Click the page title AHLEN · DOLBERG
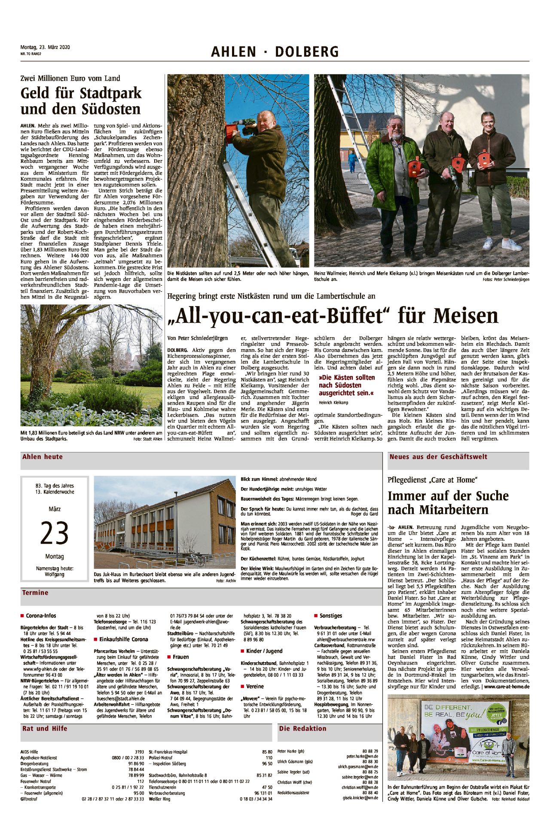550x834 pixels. click(275, 52)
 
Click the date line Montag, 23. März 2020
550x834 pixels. click(45, 47)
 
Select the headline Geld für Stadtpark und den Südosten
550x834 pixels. click(81, 101)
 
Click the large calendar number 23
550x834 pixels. click(55, 533)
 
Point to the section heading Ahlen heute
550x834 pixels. click(43, 457)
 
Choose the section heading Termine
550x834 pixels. click(35, 593)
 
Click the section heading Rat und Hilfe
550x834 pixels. click(45, 728)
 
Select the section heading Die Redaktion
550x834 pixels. click(302, 728)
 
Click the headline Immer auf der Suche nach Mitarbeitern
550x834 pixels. click(448, 503)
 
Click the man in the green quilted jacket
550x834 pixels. click(397, 180)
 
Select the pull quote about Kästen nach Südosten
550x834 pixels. click(346, 385)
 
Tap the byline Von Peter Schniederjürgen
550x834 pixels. click(198, 338)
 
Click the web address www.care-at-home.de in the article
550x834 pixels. click(507, 687)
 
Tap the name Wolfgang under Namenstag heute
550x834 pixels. click(55, 574)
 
